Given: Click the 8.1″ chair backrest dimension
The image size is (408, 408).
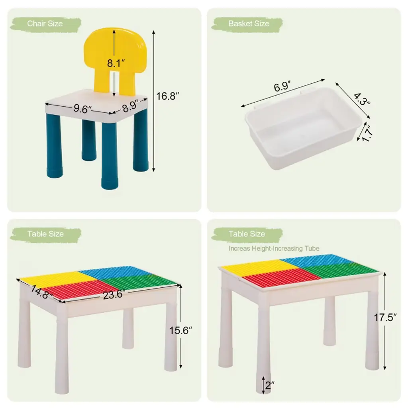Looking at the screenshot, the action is coord(116,63).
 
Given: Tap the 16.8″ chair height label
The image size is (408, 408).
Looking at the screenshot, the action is coord(167,96).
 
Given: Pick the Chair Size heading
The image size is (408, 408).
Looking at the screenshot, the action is coord(45,24).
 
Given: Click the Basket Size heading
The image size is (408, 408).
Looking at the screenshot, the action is coord(249,24).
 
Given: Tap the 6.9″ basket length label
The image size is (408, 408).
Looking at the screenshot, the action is coord(282,86).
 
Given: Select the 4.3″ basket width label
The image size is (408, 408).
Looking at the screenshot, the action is coord(362,99).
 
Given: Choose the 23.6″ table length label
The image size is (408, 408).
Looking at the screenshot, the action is coord(114,294).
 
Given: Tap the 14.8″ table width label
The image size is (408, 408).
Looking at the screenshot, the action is coord(42,292).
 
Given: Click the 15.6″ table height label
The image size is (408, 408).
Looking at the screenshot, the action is coord(180,330).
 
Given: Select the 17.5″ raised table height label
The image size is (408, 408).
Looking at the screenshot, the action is coord(385,318).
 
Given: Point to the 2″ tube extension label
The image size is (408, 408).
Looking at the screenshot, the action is coord(270,385).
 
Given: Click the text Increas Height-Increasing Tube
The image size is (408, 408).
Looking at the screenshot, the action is coord(274,249).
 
